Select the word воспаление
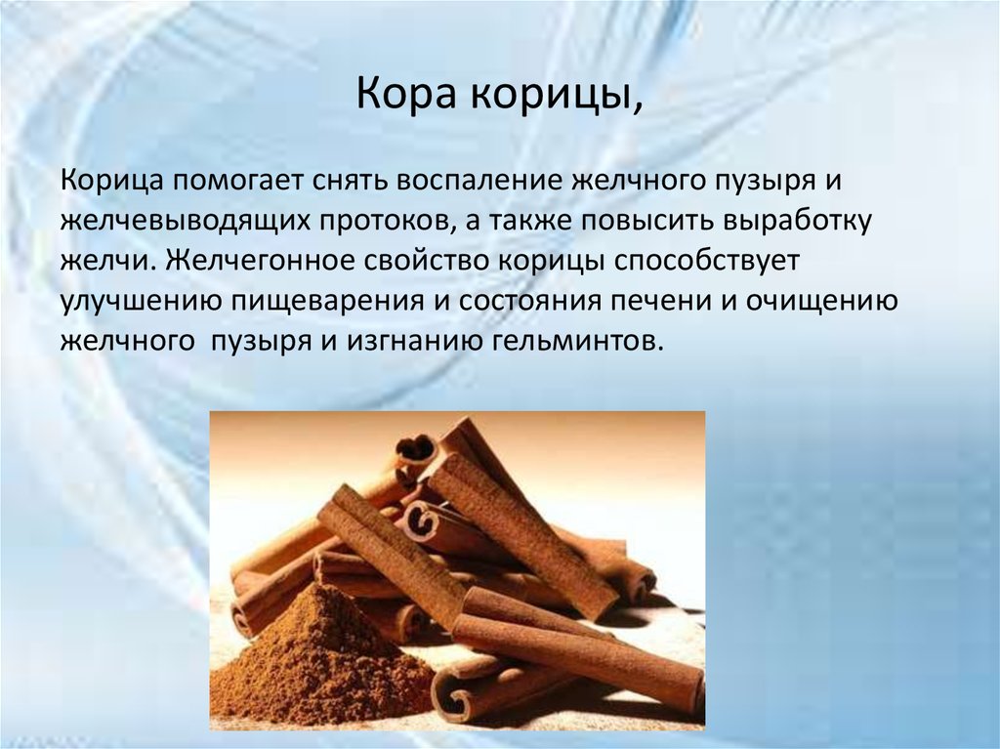click(x=459, y=183)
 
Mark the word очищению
click(x=823, y=302)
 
